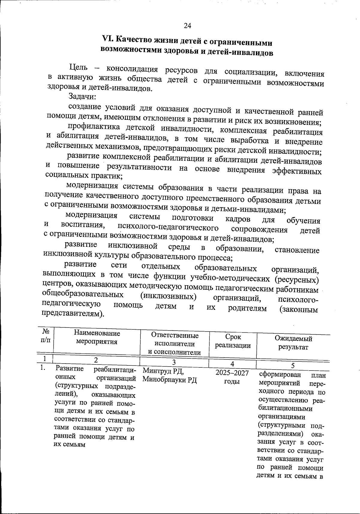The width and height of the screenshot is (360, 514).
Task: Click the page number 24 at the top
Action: [187, 26]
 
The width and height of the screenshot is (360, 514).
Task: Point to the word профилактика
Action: [94, 127]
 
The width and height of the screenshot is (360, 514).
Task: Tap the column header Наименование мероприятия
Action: [97, 337]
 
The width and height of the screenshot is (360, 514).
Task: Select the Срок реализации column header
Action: [233, 341]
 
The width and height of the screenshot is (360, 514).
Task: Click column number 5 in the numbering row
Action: [293, 365]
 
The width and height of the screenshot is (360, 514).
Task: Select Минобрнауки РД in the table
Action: [169, 380]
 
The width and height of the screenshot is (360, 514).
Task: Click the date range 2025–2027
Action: [232, 373]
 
